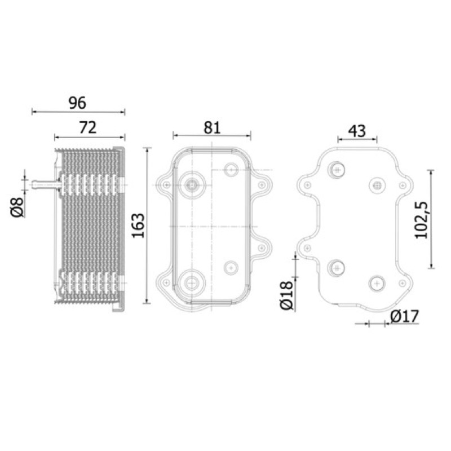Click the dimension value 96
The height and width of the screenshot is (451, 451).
coord(77,103)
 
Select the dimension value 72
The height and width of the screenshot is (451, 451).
coord(88,128)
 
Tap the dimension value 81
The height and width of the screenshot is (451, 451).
coord(212,128)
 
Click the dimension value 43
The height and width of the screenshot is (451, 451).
coord(357,131)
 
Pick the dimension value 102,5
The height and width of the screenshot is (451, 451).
coord(421,220)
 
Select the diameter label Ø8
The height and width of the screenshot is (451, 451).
coord(17,207)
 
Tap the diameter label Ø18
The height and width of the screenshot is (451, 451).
coord(287,295)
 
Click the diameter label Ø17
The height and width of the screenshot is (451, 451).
coord(405,317)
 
